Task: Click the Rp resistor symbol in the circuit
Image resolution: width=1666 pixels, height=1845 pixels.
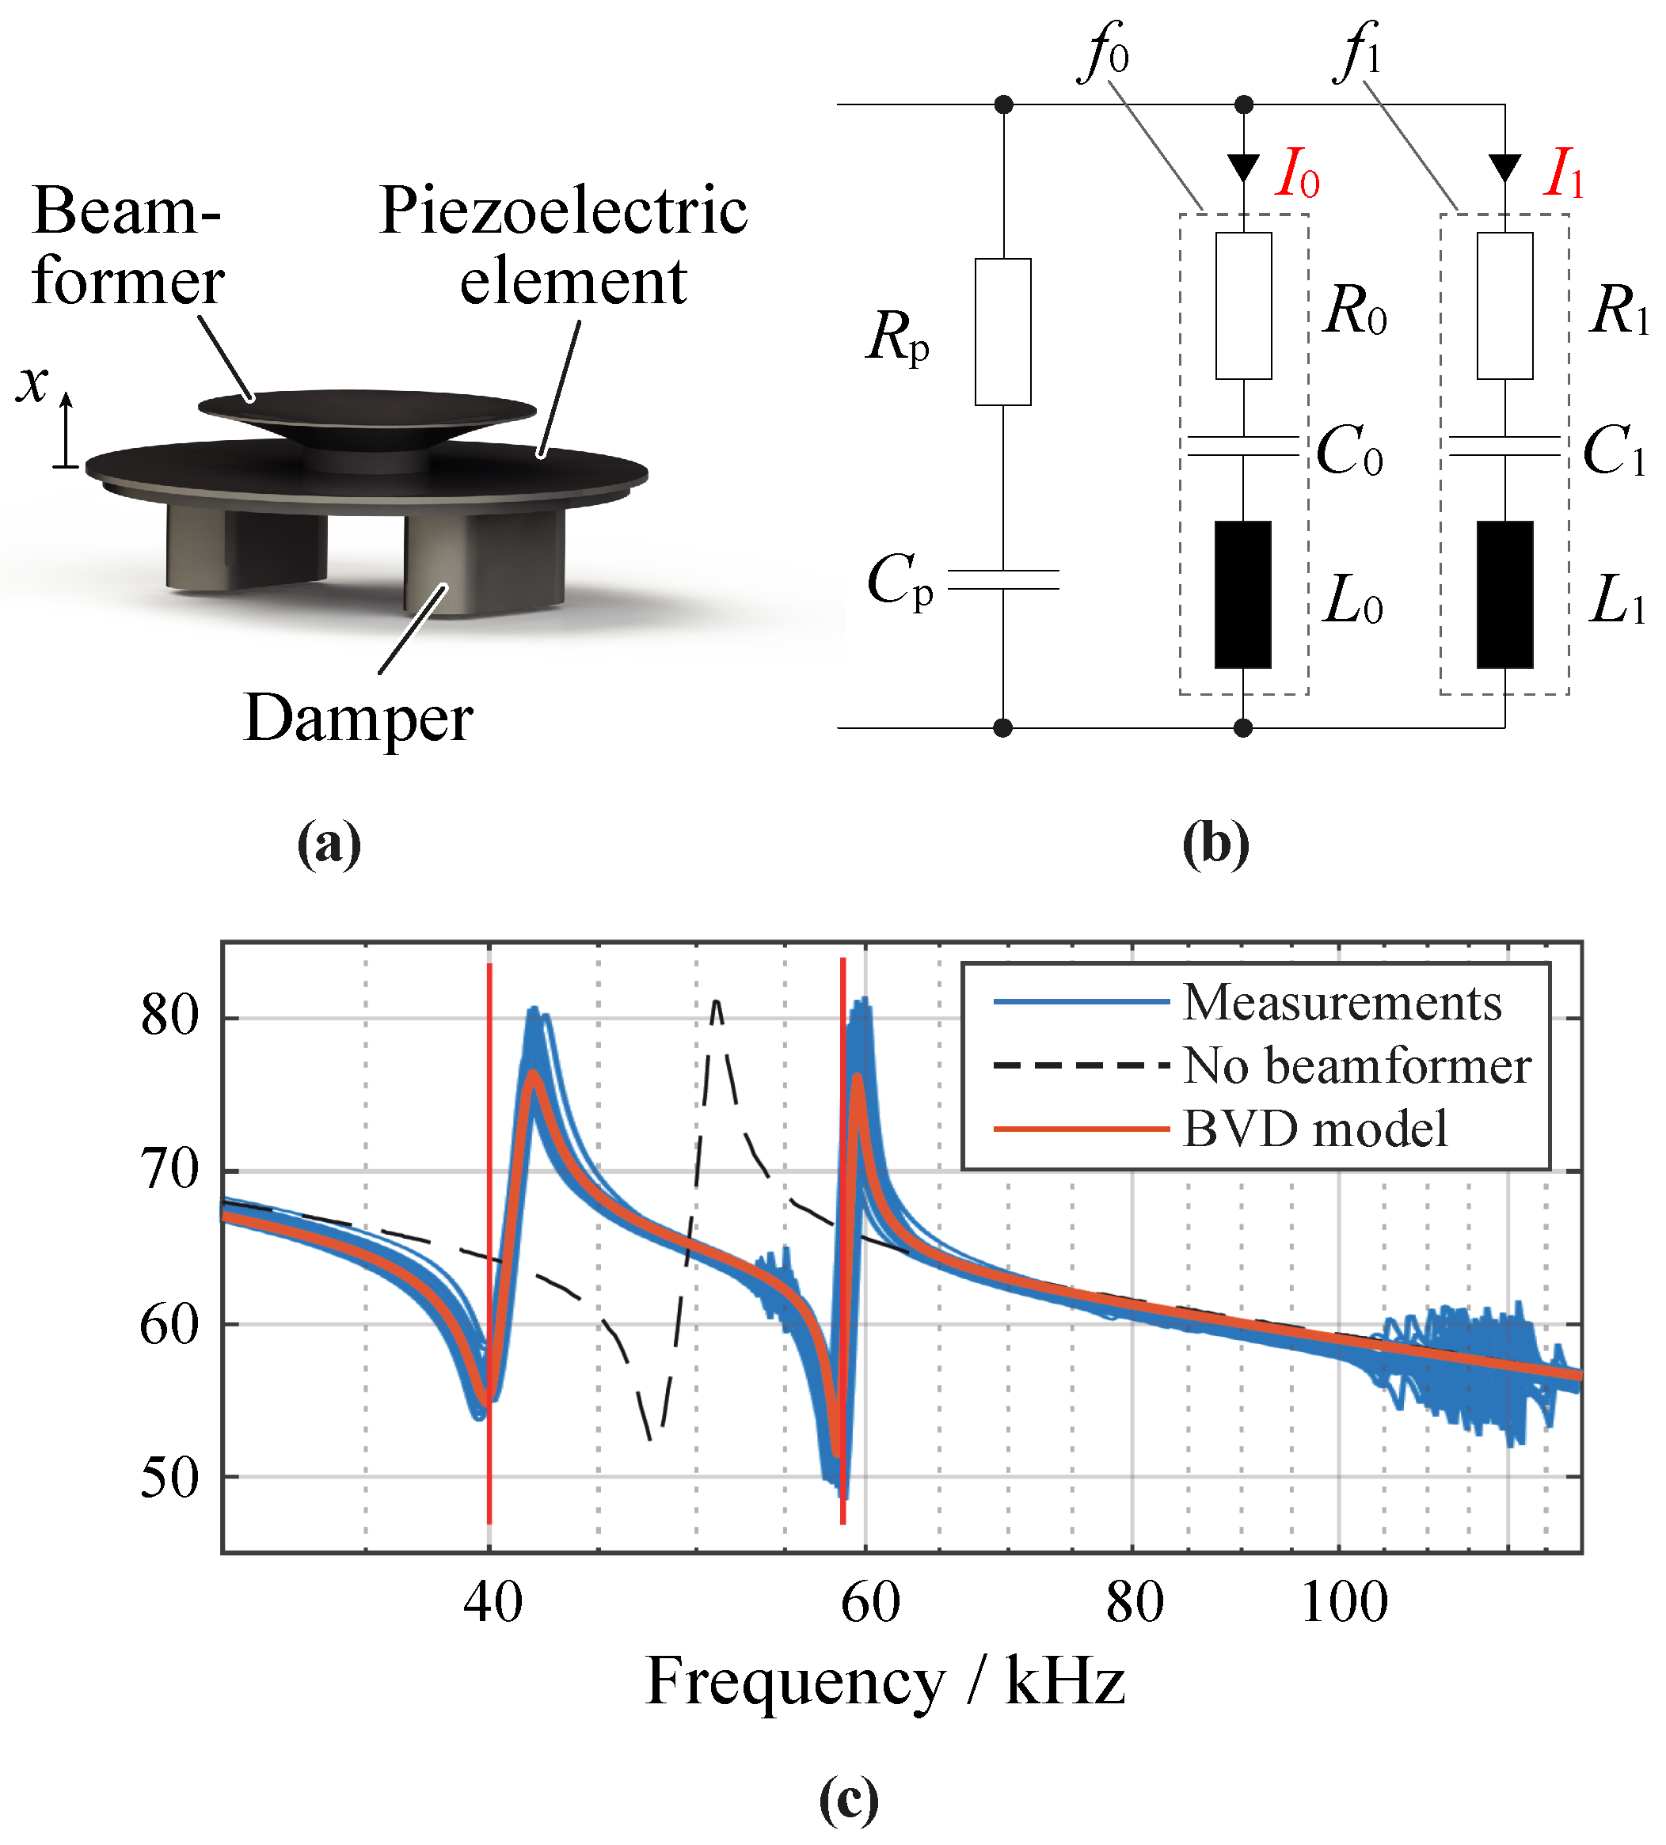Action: coord(1002,332)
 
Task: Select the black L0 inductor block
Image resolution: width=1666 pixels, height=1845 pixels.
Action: coord(1242,595)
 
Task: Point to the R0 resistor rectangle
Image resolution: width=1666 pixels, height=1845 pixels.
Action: coord(1243,305)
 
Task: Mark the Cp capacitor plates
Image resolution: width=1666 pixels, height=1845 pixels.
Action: coord(1003,579)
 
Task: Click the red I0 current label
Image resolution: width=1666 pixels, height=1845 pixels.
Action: coord(1298,173)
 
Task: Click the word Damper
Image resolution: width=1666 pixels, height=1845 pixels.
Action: coord(358,719)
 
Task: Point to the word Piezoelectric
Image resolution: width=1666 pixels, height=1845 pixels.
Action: coord(563,211)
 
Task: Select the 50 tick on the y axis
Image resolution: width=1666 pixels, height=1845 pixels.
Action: coord(169,1477)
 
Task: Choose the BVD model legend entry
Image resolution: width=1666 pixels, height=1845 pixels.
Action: coord(1314,1129)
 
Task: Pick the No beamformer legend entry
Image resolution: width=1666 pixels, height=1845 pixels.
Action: coord(1356,1065)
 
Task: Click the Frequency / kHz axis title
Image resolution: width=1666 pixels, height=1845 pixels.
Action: coord(884,1682)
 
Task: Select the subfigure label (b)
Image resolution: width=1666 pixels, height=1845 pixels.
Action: coord(1215,843)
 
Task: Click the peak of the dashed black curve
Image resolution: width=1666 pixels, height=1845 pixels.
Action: coord(717,1002)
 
